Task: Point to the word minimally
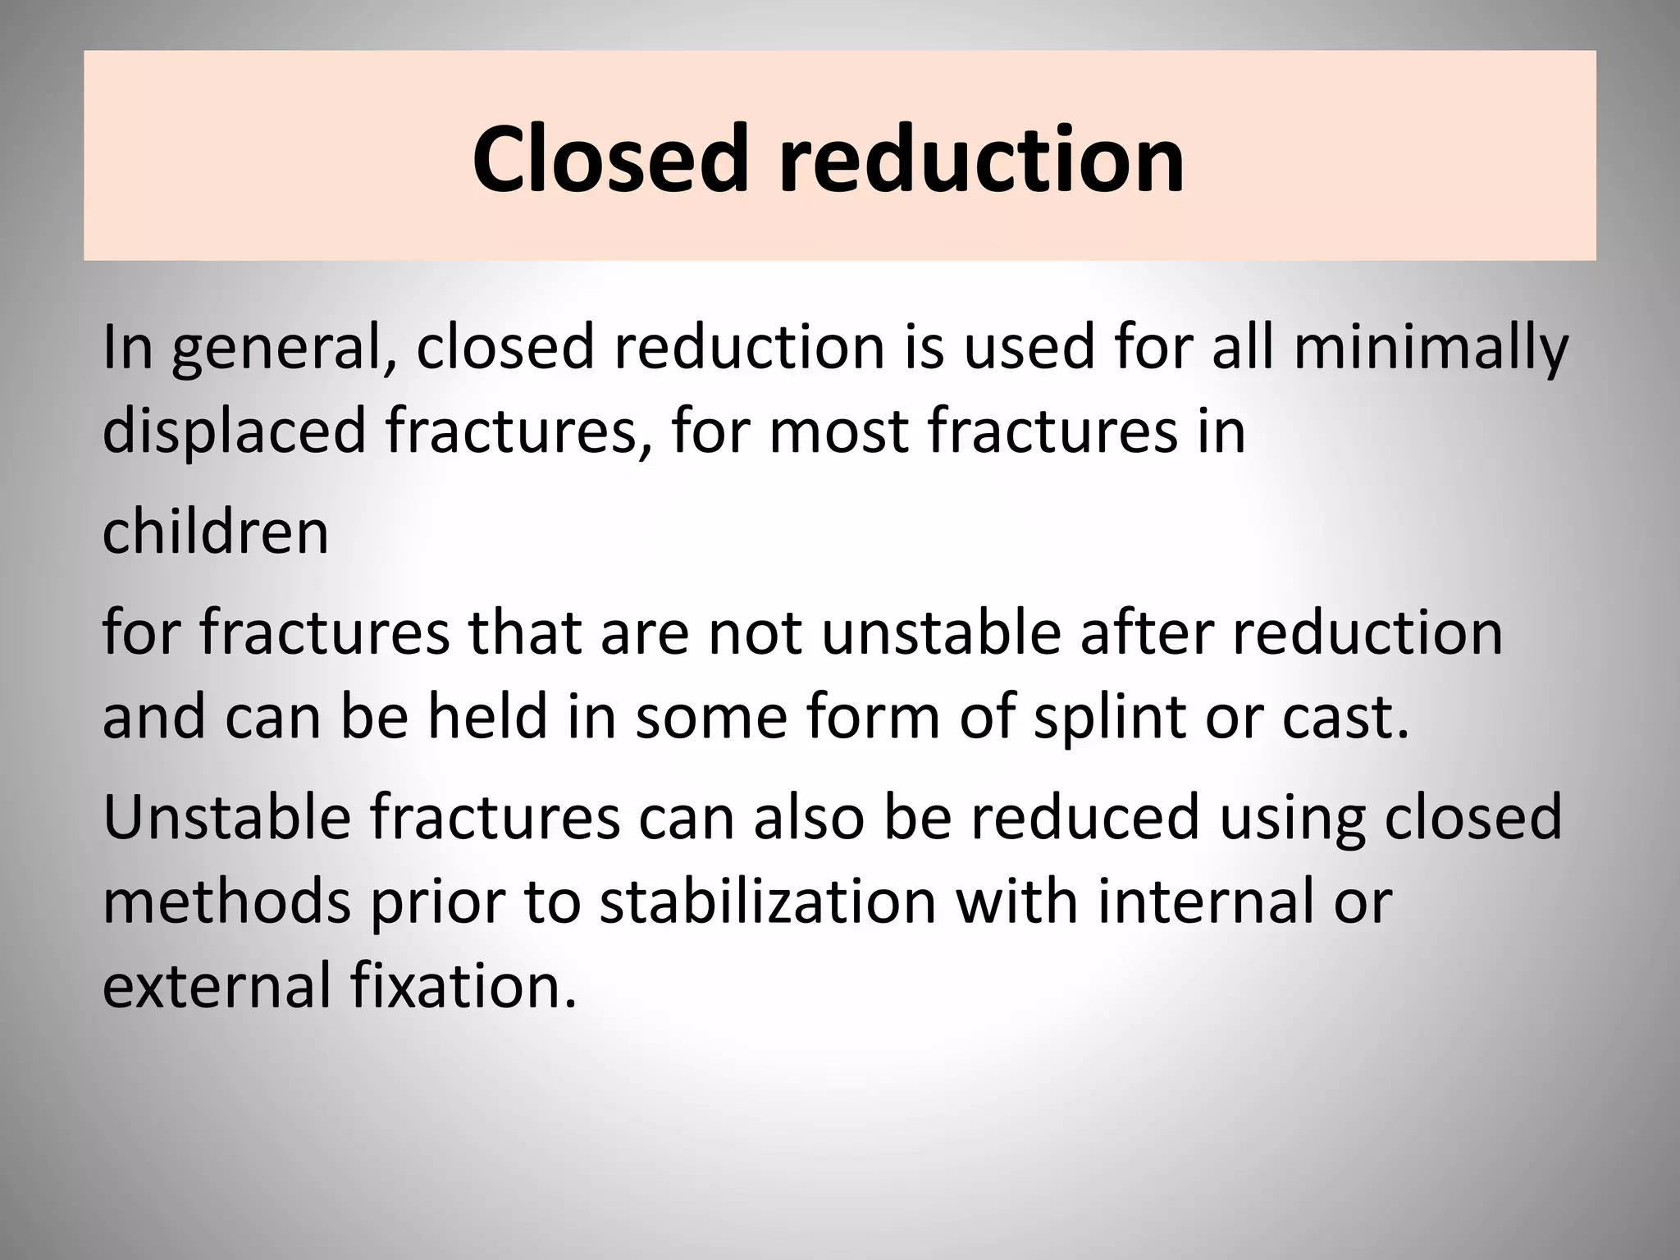click(x=1430, y=348)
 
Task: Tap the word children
click(x=215, y=532)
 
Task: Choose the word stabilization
click(x=768, y=901)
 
